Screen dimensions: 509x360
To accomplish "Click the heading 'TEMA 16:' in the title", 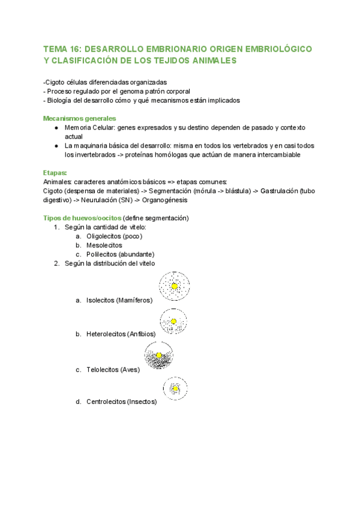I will click(64, 49).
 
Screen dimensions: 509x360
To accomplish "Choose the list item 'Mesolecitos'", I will click(104, 245).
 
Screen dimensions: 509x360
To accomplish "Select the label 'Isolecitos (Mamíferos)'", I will click(119, 300).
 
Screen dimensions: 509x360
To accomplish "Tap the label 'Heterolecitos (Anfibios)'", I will click(121, 334).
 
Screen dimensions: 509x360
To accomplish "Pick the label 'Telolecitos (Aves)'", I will click(113, 370).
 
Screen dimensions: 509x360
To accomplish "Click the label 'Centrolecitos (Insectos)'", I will click(121, 402).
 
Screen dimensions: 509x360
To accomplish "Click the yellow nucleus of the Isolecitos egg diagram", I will click(174, 287).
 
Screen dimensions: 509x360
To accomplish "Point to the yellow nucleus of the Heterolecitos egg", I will click(173, 322).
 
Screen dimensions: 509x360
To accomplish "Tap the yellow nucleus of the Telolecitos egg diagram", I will click(159, 356).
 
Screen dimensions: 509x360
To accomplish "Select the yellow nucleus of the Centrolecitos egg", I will click(175, 389).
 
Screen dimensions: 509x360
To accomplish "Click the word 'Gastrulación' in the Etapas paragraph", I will click(278, 190).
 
